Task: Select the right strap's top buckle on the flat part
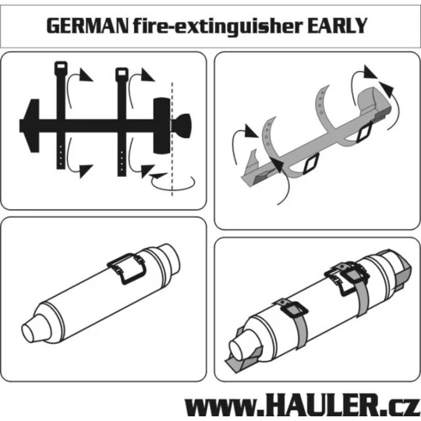pyautogui.click(x=122, y=75)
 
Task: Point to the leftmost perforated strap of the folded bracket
pyautogui.click(x=270, y=133)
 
